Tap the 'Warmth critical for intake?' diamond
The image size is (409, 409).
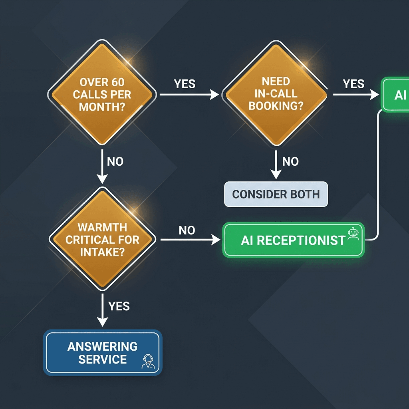(103, 240)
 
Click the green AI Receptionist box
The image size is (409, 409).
(293, 240)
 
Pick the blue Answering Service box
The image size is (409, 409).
(103, 352)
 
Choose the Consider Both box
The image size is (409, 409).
(276, 195)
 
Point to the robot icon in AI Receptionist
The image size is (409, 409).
(353, 234)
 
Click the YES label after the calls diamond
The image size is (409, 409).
(185, 84)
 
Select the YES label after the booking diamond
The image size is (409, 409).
(353, 84)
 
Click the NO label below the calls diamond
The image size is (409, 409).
(115, 162)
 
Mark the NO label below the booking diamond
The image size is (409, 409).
(290, 162)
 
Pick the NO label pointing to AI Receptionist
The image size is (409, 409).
(187, 230)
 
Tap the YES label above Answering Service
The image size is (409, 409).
(119, 306)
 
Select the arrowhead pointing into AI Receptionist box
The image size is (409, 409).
(216, 240)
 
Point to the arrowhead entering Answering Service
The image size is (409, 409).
(103, 322)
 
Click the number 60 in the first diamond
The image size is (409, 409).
(117, 83)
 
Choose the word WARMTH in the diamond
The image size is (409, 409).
(103, 228)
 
